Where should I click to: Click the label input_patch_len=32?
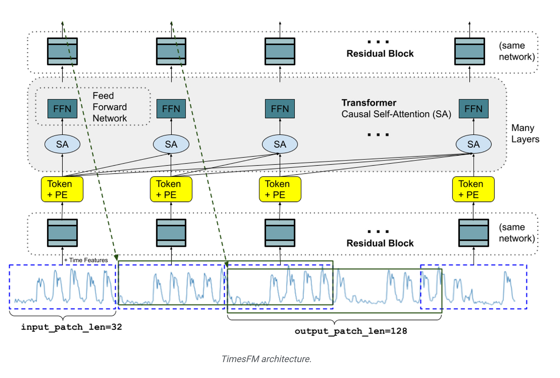[71, 327]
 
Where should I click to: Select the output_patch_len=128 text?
[351, 331]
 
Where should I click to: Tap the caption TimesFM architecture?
[266, 359]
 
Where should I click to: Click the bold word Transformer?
[369, 103]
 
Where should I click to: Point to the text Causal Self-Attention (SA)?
[396, 114]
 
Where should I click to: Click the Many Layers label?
[525, 134]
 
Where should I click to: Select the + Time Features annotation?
[86, 260]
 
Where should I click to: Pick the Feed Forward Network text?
[109, 107]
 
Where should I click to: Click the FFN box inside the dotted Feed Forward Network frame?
[62, 109]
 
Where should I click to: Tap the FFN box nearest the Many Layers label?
[473, 109]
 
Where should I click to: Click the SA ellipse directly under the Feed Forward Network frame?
[62, 144]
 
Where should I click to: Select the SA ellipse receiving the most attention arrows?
[473, 144]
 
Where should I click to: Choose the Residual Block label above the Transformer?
[380, 54]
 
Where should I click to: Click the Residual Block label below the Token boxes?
[380, 243]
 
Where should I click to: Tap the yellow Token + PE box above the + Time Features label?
[62, 189]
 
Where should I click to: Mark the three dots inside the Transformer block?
[378, 135]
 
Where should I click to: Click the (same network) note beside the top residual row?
[516, 51]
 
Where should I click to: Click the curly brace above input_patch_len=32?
[63, 315]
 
